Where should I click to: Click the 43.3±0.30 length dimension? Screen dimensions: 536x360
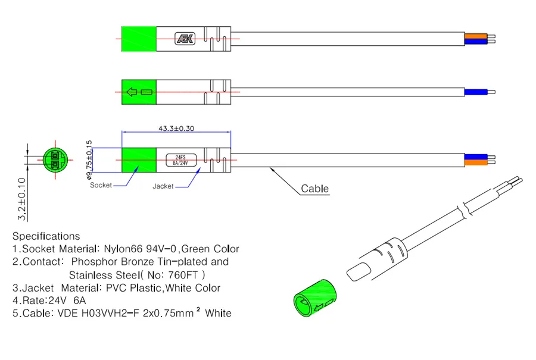176,129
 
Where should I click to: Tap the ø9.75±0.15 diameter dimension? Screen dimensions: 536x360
89,160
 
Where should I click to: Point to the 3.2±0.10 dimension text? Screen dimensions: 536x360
21,199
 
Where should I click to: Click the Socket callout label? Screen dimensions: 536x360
101,185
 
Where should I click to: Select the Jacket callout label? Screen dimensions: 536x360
163,186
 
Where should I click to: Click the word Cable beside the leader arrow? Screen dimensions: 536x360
315,189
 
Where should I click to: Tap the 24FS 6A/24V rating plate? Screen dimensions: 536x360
181,160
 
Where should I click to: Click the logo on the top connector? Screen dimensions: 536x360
185,39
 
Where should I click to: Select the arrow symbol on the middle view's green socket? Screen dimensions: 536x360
132,92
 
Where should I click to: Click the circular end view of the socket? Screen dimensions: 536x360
55,160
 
